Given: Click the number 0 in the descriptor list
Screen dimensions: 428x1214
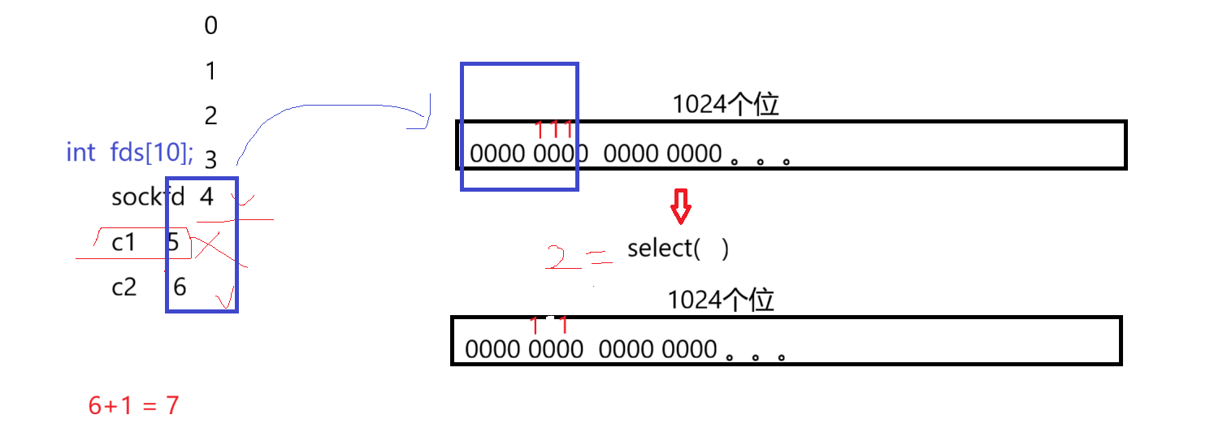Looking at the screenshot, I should (x=210, y=26).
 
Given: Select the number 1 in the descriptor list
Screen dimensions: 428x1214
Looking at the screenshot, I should (x=210, y=71).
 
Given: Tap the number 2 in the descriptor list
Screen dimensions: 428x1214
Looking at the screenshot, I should (x=210, y=116).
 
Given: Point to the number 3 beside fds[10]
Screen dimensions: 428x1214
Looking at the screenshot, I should (x=210, y=160).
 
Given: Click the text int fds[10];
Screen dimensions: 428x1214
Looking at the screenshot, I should (x=130, y=152).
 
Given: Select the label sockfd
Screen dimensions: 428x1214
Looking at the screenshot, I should (x=147, y=197).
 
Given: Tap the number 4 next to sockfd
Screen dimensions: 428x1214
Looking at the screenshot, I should (x=206, y=197).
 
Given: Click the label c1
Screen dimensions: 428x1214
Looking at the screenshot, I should (x=124, y=241).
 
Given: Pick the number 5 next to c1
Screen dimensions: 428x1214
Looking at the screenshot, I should (x=173, y=241).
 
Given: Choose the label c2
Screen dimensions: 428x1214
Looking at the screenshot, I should (x=124, y=286).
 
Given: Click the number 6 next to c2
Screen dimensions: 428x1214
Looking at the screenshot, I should (x=180, y=286).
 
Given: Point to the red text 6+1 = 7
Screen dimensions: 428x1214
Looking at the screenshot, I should (x=133, y=404).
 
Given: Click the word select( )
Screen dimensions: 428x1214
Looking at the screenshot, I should (x=678, y=249).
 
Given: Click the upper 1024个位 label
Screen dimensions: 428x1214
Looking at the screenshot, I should (x=726, y=105).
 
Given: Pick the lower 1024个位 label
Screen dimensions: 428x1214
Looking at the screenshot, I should (x=721, y=300).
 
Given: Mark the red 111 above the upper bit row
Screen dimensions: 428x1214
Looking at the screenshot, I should (x=555, y=129).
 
